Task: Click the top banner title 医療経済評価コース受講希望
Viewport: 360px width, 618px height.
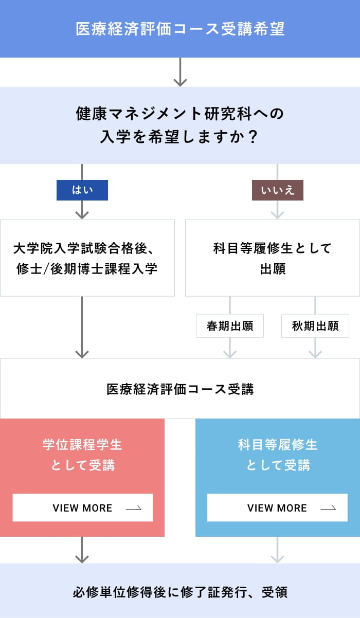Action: (x=180, y=29)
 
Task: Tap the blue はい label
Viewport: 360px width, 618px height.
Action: (x=82, y=190)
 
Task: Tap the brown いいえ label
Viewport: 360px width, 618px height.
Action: (x=278, y=190)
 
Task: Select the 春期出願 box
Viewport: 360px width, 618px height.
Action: (x=230, y=326)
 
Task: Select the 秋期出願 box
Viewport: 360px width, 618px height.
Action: (x=315, y=326)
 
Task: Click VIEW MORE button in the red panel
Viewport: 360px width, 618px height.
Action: (x=83, y=508)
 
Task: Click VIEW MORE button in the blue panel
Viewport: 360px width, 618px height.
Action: (x=277, y=508)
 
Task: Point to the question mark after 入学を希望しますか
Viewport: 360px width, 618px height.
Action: (x=252, y=137)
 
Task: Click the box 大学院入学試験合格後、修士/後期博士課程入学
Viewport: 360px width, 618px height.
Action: (x=87, y=258)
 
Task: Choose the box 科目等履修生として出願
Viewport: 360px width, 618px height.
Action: (x=273, y=258)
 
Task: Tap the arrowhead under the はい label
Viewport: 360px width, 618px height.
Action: (x=82, y=214)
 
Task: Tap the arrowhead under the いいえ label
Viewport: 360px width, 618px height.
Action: (x=278, y=214)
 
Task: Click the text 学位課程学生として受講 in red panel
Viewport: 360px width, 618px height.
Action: (x=83, y=455)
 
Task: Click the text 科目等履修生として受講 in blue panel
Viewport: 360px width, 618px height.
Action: (x=278, y=455)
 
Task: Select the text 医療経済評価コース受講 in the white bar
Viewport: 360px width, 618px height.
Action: (x=180, y=389)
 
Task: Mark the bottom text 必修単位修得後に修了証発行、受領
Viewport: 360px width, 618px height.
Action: (x=180, y=592)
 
